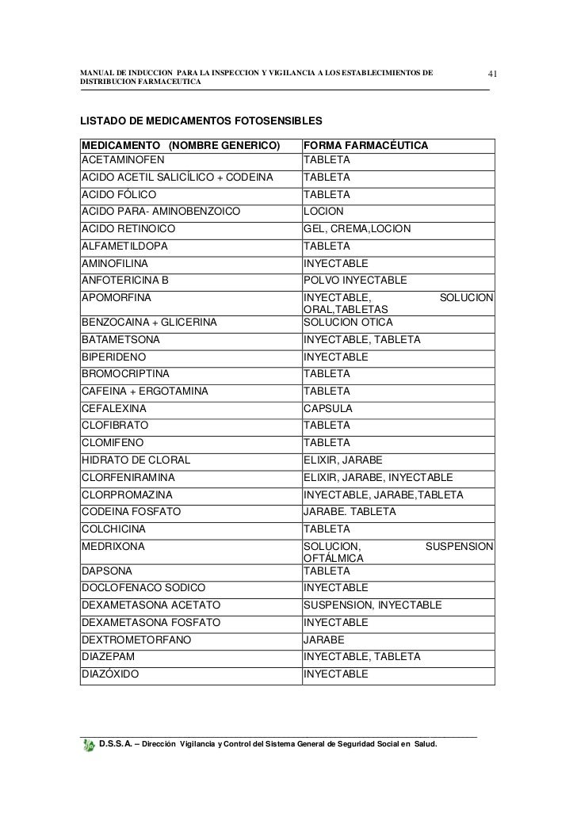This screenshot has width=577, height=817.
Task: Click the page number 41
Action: [x=492, y=75]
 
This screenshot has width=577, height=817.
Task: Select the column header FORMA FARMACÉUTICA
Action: [x=366, y=147]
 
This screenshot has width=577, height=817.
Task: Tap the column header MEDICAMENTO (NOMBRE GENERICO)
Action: [x=181, y=147]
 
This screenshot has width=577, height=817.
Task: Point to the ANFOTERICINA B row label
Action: [x=125, y=281]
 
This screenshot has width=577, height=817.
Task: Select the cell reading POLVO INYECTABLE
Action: [x=355, y=281]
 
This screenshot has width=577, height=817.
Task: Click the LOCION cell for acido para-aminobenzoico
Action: [x=324, y=212]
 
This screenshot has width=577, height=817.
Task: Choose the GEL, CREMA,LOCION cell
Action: [x=357, y=229]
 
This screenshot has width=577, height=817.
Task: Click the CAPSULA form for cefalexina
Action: [x=328, y=409]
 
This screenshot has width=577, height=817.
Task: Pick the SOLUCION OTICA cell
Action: [x=349, y=323]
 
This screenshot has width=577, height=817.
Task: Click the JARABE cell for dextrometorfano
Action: [x=325, y=639]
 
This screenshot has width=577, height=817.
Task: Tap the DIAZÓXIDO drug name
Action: [x=110, y=674]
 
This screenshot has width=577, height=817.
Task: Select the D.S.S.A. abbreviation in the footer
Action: [x=117, y=746]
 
